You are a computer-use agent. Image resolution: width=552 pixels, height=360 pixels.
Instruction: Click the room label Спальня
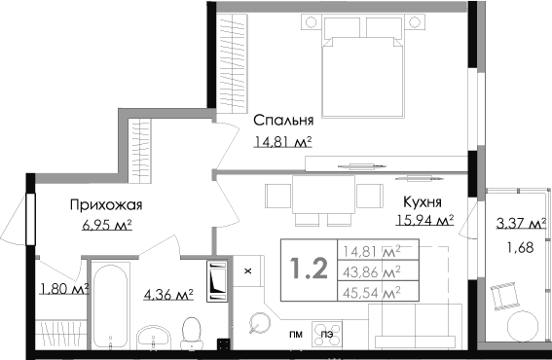[283, 121]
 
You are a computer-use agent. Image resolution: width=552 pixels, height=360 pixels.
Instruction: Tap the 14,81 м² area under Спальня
[283, 142]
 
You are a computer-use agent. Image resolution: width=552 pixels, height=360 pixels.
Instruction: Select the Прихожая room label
[106, 204]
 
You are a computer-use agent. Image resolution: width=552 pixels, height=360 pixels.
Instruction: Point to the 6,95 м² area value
[107, 224]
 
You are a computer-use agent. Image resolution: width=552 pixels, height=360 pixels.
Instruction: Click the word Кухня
[423, 202]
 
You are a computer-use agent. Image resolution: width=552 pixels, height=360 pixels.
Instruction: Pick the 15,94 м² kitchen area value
[424, 220]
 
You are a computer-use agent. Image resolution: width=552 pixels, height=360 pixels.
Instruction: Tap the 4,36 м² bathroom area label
[168, 294]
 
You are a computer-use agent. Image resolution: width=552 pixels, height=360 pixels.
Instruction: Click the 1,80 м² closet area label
[64, 289]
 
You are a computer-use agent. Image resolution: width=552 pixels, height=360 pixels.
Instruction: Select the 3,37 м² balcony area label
[522, 223]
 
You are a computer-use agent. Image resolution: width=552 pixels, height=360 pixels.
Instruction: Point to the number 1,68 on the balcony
[520, 248]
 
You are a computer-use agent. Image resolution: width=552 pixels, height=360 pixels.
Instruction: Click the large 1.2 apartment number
[309, 269]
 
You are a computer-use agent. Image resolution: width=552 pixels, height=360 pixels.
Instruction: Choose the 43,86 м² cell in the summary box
[372, 271]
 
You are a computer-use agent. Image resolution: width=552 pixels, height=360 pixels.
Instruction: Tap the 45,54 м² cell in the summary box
[372, 292]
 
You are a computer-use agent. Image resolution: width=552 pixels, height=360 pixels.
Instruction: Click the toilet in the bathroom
[192, 333]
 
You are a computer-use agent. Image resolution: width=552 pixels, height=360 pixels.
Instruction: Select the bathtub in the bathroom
[111, 306]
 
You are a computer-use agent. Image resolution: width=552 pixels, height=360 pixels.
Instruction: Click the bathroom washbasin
[154, 337]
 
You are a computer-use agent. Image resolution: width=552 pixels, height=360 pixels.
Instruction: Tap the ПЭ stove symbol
[327, 335]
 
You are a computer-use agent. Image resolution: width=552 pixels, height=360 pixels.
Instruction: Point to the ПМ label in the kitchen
[296, 335]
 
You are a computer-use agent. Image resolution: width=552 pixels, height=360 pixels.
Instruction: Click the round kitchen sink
[260, 323]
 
